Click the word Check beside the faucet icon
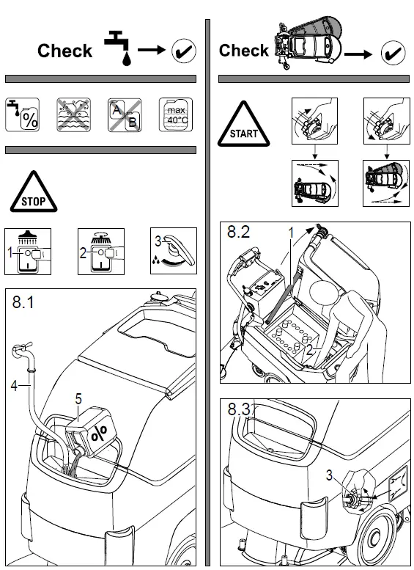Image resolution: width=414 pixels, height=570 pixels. click(x=64, y=51)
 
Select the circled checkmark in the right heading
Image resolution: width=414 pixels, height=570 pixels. click(x=395, y=52)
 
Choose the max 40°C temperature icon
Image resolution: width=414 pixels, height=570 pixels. click(x=176, y=114)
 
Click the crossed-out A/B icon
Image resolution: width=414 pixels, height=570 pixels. click(x=124, y=114)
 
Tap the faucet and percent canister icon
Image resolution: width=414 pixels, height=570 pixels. click(x=21, y=114)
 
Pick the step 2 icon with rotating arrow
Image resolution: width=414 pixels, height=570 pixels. click(x=103, y=252)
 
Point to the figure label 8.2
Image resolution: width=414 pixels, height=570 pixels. click(x=240, y=235)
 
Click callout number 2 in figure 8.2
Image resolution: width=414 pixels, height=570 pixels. click(x=310, y=350)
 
